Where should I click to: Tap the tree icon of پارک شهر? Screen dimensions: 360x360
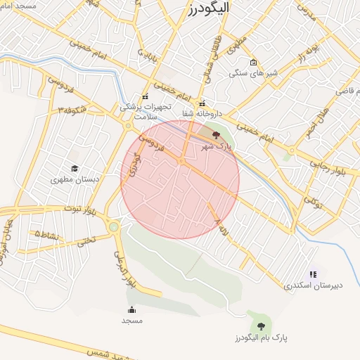point(216,135)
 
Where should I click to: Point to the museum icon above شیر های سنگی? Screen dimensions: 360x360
point(254,62)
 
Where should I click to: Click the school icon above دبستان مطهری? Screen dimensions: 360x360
point(75,169)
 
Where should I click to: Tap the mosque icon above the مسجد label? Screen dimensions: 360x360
point(131,310)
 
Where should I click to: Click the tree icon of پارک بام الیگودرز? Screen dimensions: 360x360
point(262,326)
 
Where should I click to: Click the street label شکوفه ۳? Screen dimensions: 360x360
point(73,110)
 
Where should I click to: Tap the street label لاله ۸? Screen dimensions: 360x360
point(219,225)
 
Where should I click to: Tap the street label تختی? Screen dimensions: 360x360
point(85,240)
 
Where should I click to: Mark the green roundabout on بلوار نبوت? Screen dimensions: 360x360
point(114,226)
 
